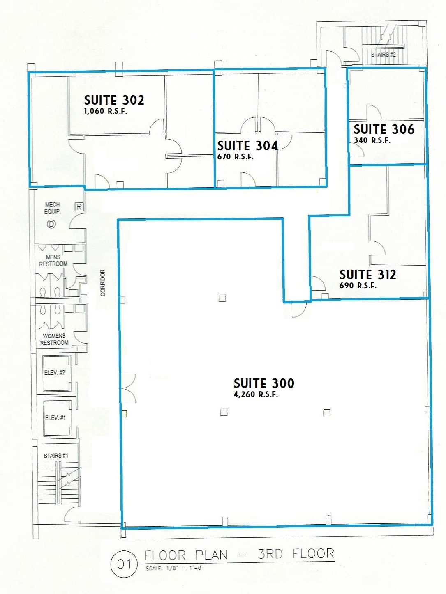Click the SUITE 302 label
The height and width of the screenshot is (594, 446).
tap(114, 100)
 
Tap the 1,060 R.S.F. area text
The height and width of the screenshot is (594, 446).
tap(106, 111)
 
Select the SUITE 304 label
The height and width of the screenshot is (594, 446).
tap(247, 146)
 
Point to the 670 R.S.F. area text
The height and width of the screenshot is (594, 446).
tap(236, 157)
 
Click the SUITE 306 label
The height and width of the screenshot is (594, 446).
tap(384, 129)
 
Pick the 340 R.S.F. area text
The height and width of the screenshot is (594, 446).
tap(372, 140)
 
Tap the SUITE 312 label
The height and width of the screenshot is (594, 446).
tap(367, 275)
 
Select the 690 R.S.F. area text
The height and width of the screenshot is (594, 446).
tap(358, 286)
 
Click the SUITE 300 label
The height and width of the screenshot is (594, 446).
tap(264, 383)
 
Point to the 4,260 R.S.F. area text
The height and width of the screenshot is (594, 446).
tap(256, 394)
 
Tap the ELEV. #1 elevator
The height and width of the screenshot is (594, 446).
tap(55, 418)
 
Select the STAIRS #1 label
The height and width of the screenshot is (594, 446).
tap(56, 456)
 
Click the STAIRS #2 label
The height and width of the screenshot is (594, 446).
tap(383, 55)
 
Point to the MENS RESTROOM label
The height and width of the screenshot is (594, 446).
tap(53, 261)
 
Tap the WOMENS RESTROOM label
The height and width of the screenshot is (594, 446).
tap(54, 339)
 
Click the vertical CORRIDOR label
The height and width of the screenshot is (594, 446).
tap(103, 282)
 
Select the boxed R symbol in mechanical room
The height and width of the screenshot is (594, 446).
tap(79, 207)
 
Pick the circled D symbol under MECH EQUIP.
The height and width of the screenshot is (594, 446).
tap(51, 224)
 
